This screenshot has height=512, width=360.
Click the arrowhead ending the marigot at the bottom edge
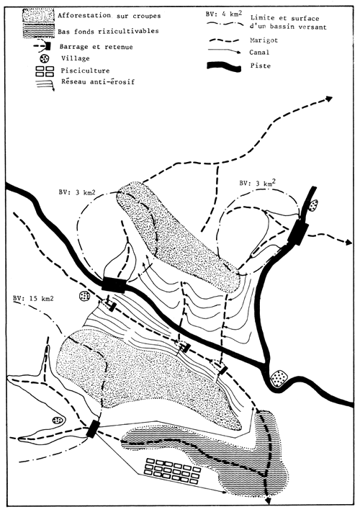pos(268,503)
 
